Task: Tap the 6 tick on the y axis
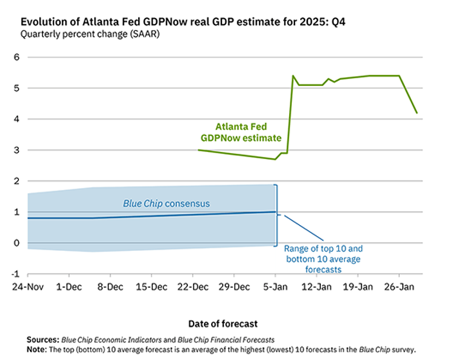pyautogui.click(x=17, y=57)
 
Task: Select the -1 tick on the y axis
pyautogui.click(x=15, y=274)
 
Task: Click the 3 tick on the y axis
pyautogui.click(x=17, y=150)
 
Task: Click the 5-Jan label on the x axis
pyautogui.click(x=276, y=286)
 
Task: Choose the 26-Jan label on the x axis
pyautogui.click(x=399, y=286)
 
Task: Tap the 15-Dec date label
pyautogui.click(x=152, y=286)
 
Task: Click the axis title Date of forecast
pyautogui.click(x=223, y=324)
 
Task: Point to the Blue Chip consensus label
pyautogui.click(x=166, y=204)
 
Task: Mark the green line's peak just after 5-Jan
pyautogui.click(x=293, y=76)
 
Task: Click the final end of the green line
pyautogui.click(x=417, y=113)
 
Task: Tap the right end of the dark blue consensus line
pyautogui.click(x=275, y=212)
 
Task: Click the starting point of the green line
pyautogui.click(x=198, y=149)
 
